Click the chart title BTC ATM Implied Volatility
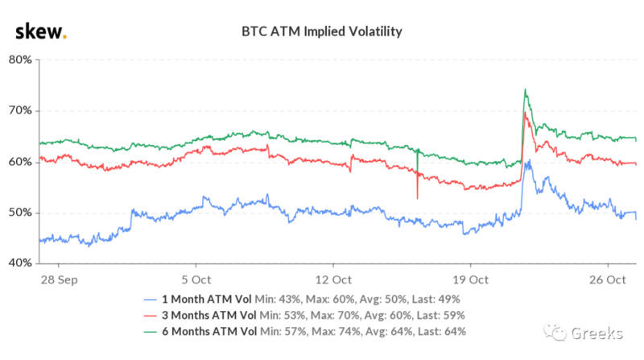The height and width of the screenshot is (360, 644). tap(322, 32)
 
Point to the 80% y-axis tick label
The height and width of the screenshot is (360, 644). tap(20, 60)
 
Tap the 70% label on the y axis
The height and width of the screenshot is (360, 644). tap(20, 110)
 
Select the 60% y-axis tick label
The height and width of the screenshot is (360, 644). tap(20, 161)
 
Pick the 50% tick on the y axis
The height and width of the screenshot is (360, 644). tap(20, 213)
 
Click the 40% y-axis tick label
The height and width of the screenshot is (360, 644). tap(20, 263)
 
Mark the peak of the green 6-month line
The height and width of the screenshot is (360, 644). tap(525, 89)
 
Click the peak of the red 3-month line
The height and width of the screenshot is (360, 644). tap(525, 112)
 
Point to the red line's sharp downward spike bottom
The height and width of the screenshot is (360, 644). tap(417, 198)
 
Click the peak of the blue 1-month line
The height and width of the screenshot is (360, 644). tap(528, 161)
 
